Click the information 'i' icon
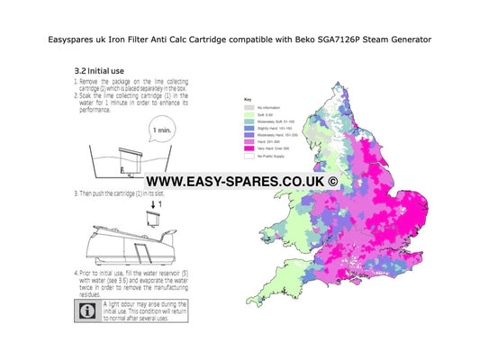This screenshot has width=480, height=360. pos(86,310)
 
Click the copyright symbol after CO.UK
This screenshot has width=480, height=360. pos(332,181)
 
